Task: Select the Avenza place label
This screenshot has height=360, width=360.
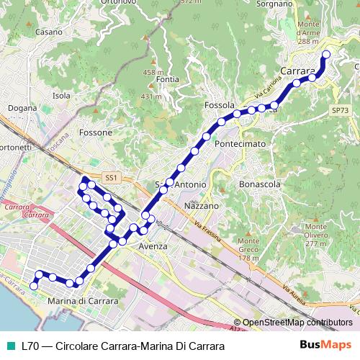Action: coord(153,246)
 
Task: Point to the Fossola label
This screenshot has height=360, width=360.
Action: coord(220,105)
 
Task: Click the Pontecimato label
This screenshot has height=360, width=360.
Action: coord(240,144)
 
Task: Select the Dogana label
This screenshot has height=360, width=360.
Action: coord(22,109)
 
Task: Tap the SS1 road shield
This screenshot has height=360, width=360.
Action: coord(110,177)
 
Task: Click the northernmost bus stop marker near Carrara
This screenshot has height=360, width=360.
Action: coord(325,55)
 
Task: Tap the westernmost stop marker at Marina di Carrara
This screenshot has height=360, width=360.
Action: coord(33,286)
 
